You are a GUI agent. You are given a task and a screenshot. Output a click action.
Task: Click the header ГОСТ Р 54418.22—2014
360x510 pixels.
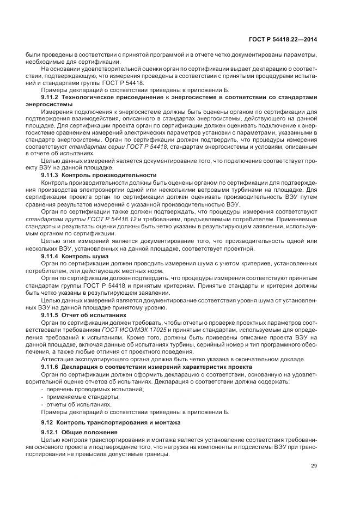coord(284,40)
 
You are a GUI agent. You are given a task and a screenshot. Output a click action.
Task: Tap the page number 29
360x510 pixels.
coord(314,465)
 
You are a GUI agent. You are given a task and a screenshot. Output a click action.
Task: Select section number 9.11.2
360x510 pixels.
coord(51,97)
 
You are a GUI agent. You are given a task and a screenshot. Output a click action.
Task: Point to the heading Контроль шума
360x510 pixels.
coord(85,256)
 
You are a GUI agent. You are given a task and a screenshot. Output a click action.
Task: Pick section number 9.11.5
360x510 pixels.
coord(51,315)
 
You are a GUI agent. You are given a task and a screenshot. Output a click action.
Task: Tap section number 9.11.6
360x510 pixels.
coord(51,367)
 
